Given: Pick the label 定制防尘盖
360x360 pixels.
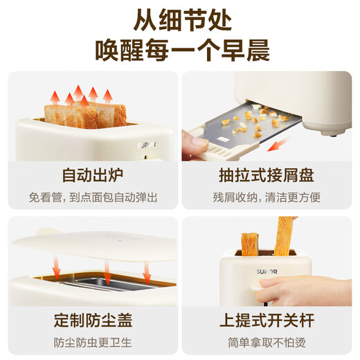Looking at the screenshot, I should [91, 321].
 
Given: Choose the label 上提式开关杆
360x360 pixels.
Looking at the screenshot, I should [267, 321].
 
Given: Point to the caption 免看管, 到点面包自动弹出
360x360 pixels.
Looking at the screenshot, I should [91, 197].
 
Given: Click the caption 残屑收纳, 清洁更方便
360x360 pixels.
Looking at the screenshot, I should [267, 197].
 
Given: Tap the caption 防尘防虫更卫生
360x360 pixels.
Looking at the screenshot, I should [91, 341].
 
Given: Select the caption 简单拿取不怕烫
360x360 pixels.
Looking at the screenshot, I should [267, 341].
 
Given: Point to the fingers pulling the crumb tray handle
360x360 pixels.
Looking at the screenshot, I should [197, 145].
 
